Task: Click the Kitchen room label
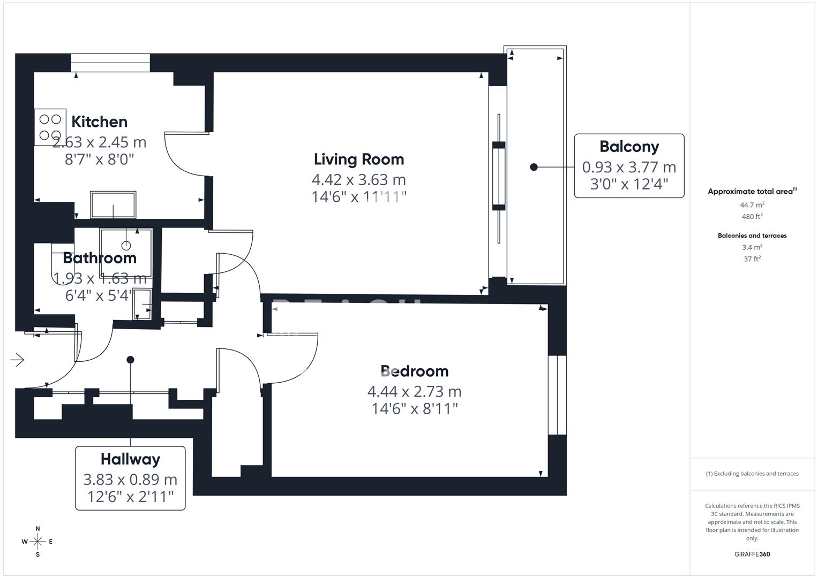click(99, 122)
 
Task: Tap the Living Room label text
click(359, 159)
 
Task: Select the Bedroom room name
click(414, 371)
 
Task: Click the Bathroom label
click(100, 258)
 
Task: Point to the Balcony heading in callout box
click(629, 147)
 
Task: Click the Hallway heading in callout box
click(130, 459)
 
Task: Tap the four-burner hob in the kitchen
click(50, 127)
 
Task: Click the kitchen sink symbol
click(113, 205)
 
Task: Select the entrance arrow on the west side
click(18, 360)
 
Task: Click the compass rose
click(37, 542)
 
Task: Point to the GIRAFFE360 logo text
click(752, 554)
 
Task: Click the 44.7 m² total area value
click(752, 205)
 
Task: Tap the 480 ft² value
click(752, 217)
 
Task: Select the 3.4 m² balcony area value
click(752, 247)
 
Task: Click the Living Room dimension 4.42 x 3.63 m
click(359, 180)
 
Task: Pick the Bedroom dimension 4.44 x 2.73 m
click(414, 392)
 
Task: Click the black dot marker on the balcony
click(534, 167)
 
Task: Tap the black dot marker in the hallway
click(130, 360)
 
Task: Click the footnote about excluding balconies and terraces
click(752, 474)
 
